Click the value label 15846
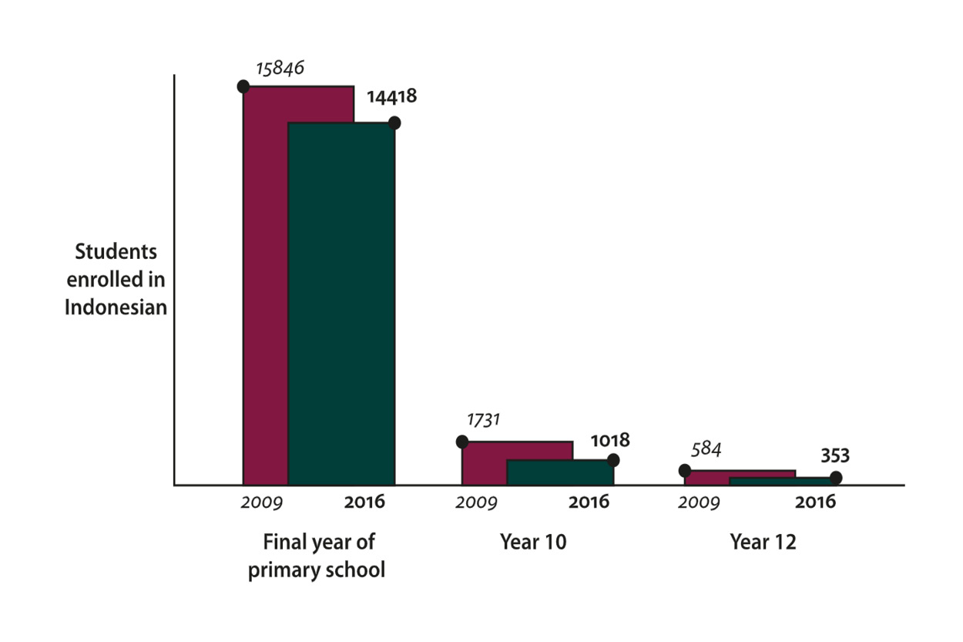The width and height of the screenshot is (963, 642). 280,68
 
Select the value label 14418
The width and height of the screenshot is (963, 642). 391,98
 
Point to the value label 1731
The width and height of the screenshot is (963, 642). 484,420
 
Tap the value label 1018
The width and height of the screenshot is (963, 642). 610,441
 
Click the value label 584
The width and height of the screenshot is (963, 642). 706,449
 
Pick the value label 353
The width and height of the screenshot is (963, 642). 834,455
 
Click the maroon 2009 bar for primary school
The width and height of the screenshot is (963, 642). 266,293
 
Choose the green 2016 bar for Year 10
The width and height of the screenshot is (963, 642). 560,472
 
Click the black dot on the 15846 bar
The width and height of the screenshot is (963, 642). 243,86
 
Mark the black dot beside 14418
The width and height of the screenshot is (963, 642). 394,123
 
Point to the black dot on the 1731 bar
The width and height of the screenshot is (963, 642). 462,442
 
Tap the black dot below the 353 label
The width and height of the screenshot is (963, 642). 836,478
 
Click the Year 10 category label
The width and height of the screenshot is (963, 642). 533,542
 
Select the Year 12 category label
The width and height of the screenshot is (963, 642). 763,542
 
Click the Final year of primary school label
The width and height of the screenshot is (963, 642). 317,556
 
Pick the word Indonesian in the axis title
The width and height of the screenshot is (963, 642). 116,307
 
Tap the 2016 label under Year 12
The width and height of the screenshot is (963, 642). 815,503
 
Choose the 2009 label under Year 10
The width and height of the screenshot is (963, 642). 476,503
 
